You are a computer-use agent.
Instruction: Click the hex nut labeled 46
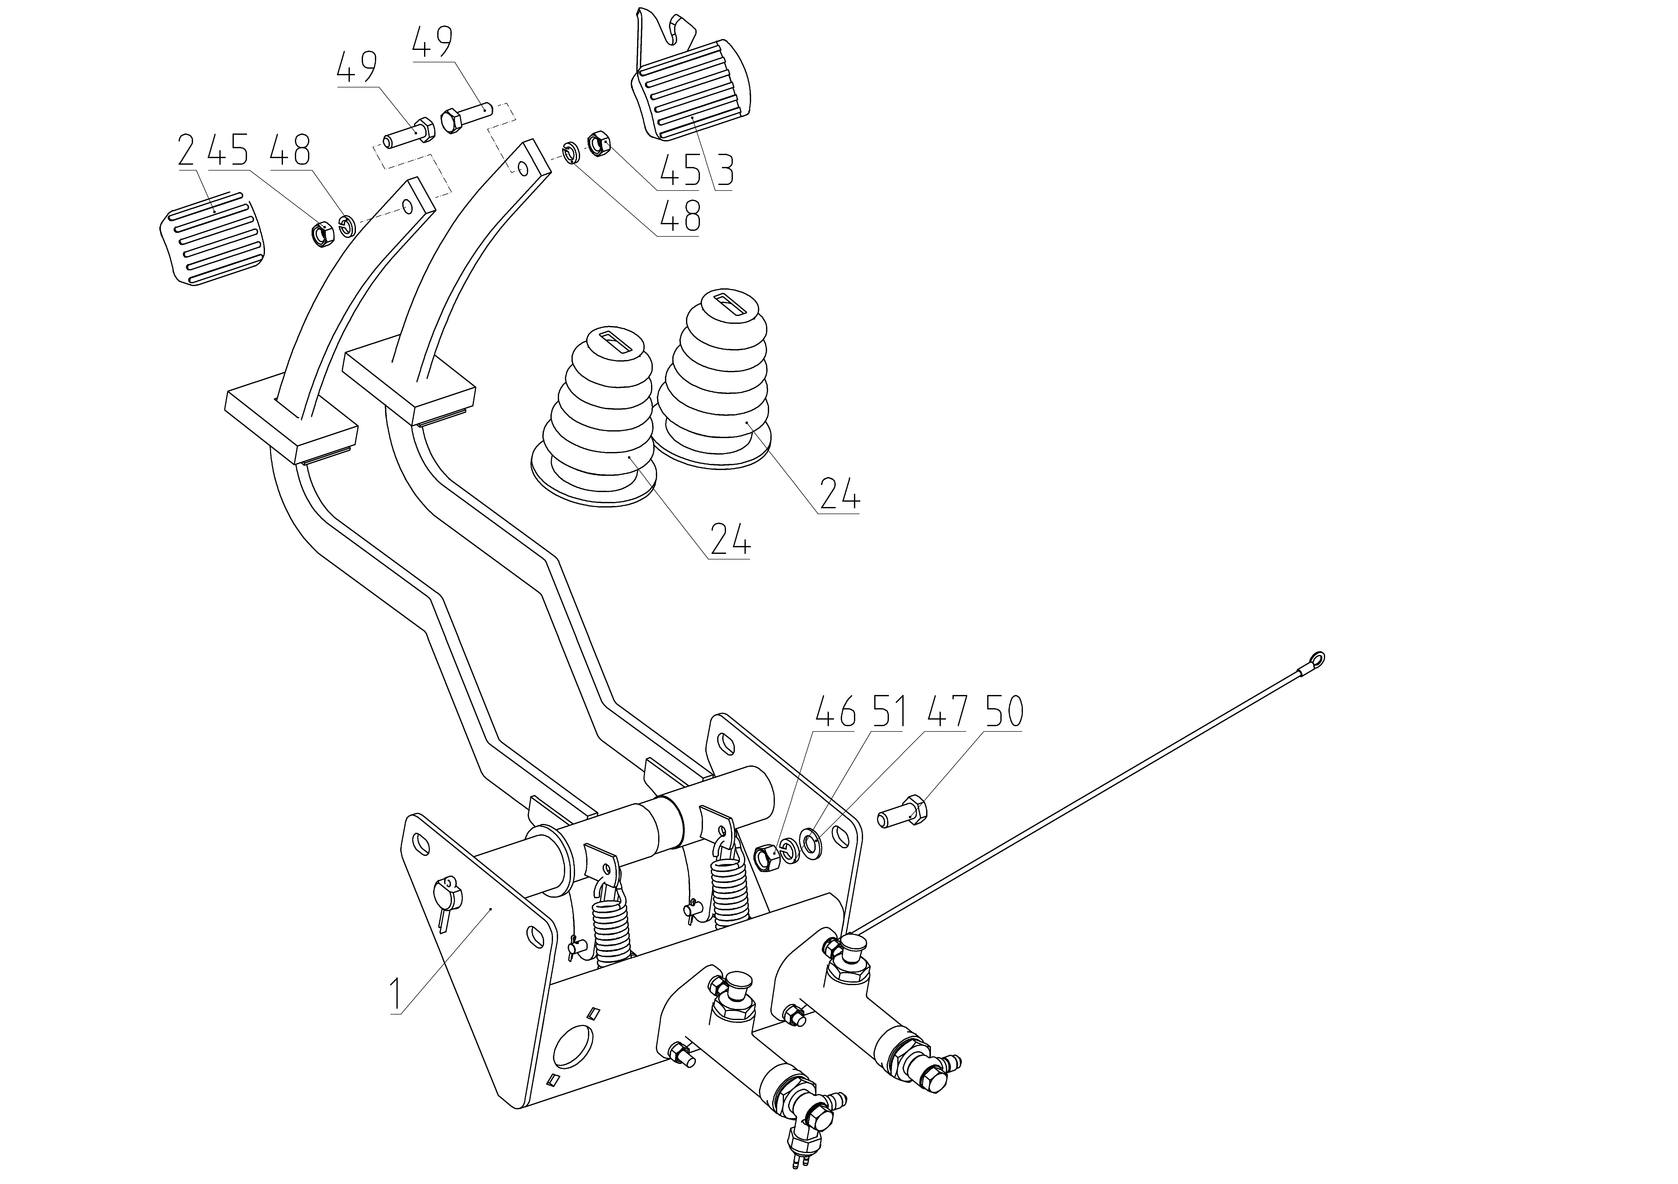coord(765,857)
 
